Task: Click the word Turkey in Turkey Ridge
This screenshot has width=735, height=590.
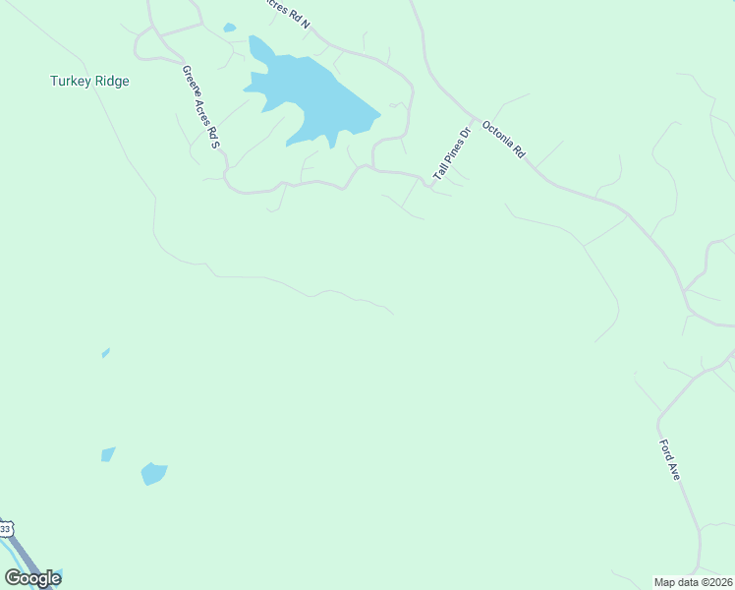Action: tap(70, 82)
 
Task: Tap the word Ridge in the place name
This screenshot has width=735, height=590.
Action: tap(110, 82)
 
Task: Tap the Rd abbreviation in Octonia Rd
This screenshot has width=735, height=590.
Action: tap(520, 153)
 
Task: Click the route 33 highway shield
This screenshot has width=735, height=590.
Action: tap(5, 529)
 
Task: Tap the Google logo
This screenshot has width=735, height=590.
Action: tap(32, 578)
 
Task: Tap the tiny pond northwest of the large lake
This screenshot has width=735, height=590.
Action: tap(229, 28)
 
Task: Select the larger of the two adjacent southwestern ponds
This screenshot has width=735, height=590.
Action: tap(153, 473)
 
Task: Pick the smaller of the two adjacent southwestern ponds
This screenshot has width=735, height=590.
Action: tap(108, 453)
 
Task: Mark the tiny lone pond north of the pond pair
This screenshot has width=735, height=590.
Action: tap(105, 353)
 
